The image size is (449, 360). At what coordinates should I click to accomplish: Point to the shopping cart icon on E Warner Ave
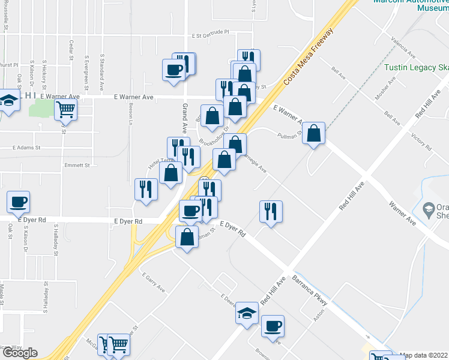coord(66,110)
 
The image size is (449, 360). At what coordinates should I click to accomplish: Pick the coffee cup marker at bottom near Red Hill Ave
coord(273,326)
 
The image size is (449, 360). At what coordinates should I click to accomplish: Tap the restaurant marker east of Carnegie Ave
coord(271,211)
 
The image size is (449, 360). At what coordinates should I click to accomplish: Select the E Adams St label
coord(26,147)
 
